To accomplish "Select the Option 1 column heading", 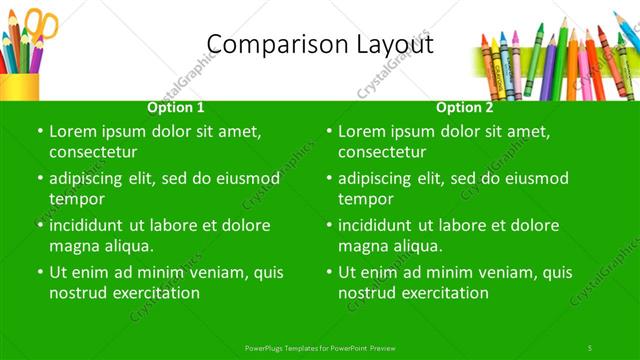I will coord(176,108).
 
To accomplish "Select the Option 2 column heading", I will coord(464,108).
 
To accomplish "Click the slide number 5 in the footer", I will coord(590,347).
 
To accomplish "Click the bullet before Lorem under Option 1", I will coord(39,132).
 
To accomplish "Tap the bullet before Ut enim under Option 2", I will coord(328,272).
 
